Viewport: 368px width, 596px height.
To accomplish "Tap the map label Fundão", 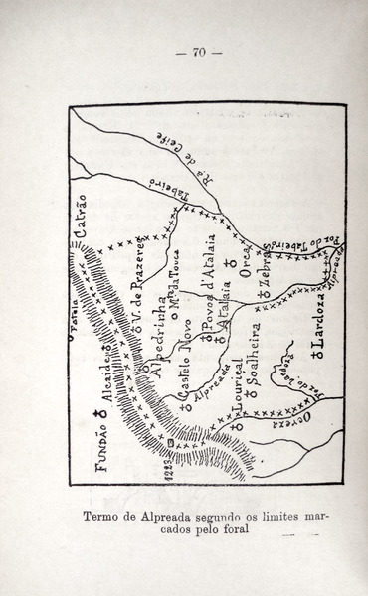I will pos(102,436).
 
